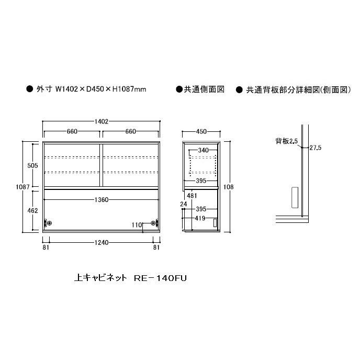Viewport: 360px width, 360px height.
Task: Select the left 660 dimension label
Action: click(73, 131)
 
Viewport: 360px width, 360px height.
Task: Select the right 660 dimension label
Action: click(130, 131)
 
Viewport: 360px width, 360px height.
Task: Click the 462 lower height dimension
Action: click(32, 210)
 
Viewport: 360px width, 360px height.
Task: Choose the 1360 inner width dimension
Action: click(102, 199)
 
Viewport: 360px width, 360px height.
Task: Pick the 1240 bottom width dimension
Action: click(102, 242)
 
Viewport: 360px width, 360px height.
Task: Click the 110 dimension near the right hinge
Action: click(137, 224)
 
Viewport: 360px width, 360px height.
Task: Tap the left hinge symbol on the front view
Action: click(49, 223)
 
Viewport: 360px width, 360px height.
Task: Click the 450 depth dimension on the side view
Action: click(201, 131)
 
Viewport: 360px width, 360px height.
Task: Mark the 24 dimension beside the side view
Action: click(183, 204)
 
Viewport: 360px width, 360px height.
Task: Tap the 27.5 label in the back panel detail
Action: click(315, 148)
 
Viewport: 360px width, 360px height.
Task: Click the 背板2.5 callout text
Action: click(287, 141)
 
